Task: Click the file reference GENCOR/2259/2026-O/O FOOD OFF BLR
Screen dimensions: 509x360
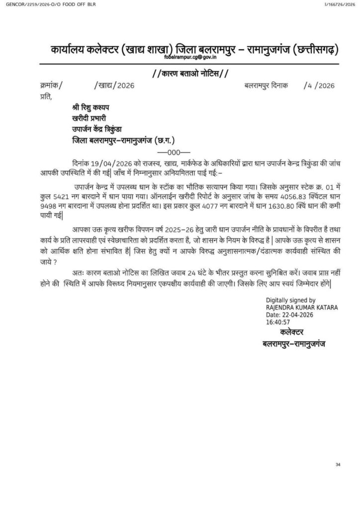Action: coord(48,4)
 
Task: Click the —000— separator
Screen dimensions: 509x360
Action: coord(170,152)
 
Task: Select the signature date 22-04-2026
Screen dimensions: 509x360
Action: coord(300,315)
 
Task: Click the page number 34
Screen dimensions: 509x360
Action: coord(338,464)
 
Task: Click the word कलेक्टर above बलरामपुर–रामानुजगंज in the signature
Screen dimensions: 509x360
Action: coord(293,333)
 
